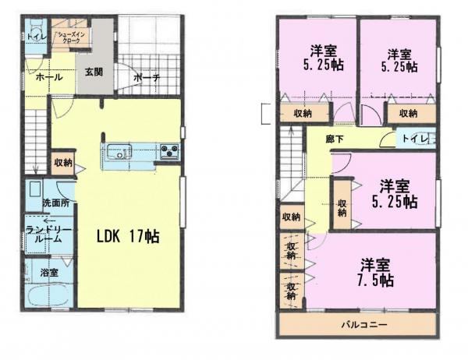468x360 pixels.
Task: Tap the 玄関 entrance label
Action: (x=94, y=72)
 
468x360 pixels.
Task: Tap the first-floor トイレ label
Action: (x=35, y=36)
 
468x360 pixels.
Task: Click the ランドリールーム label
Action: (x=48, y=235)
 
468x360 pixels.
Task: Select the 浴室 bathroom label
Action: (x=48, y=273)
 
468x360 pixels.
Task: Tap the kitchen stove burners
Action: (x=170, y=151)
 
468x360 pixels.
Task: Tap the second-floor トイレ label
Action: (x=414, y=139)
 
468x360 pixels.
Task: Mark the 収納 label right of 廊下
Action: (x=407, y=113)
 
